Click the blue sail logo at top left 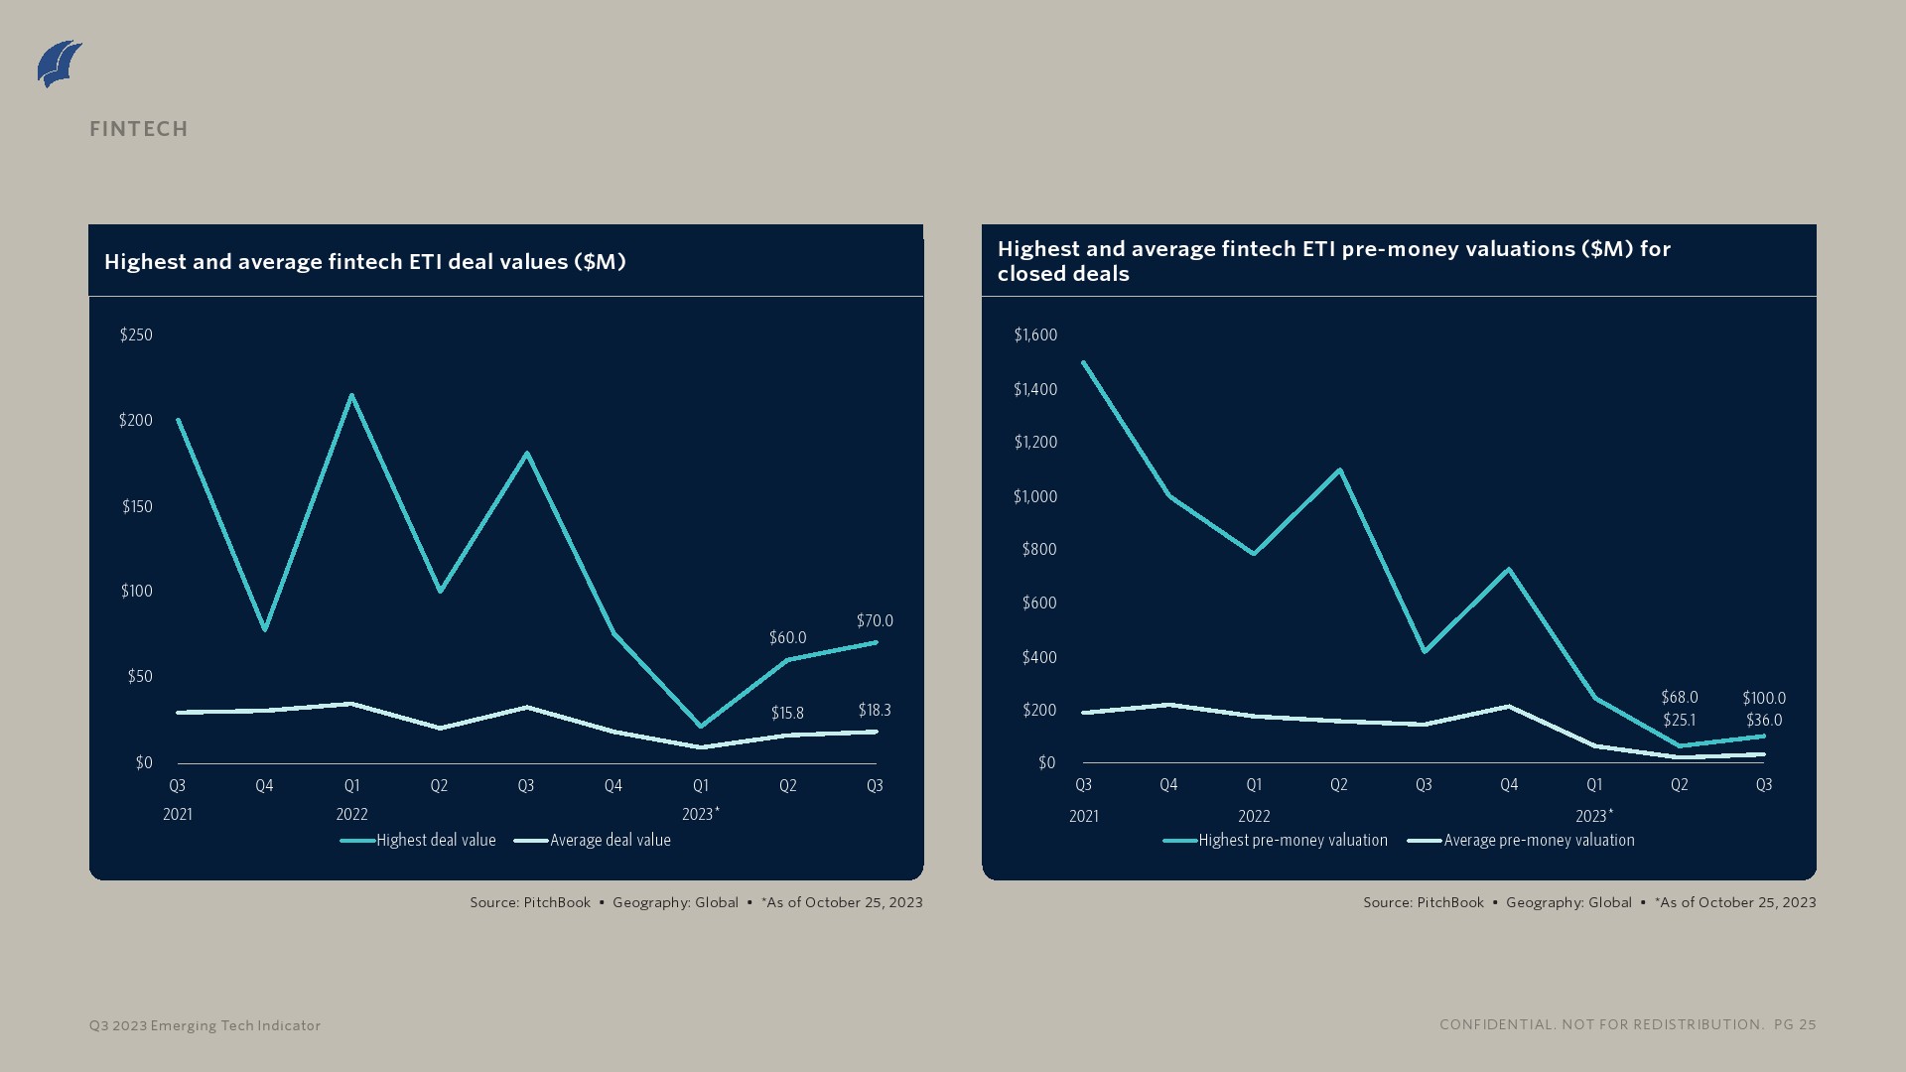coord(60,64)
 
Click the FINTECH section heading coord(139,129)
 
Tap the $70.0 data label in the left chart coord(875,621)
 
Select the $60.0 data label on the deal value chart coord(787,638)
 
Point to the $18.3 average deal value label coord(875,711)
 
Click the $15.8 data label coord(787,714)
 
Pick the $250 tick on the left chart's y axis coord(136,335)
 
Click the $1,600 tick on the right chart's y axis coord(1035,335)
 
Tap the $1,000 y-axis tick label coord(1035,497)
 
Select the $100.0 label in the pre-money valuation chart coord(1764,699)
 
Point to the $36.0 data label coord(1764,721)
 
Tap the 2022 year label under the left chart coord(351,815)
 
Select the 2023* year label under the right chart coord(1594,817)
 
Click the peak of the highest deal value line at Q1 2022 coord(351,396)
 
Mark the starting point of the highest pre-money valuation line coord(1083,362)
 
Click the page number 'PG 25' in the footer coord(1795,1025)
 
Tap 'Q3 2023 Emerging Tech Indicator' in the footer coord(204,1026)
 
